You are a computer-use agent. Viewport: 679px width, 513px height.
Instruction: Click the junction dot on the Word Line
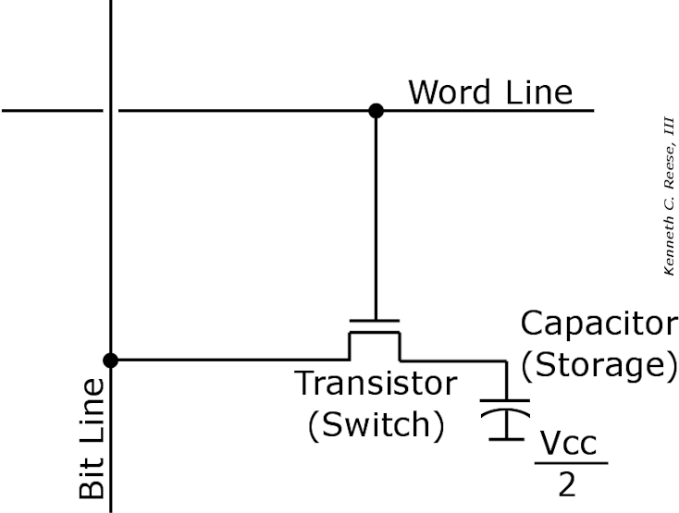375,111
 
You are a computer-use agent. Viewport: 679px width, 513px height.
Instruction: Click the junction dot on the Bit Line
110,360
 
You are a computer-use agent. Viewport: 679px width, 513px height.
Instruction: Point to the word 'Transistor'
375,383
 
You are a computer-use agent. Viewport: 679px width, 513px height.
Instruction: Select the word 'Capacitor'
598,324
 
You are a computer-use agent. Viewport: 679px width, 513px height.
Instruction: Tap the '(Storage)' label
593,364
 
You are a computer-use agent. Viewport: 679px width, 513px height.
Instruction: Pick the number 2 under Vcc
567,484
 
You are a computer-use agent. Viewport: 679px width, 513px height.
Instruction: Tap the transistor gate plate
375,321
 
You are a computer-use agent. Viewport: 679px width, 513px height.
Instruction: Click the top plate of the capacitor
504,402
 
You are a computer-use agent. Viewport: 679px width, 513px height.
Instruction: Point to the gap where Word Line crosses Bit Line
110,111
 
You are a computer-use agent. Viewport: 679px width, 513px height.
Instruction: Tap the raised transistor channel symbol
375,335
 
